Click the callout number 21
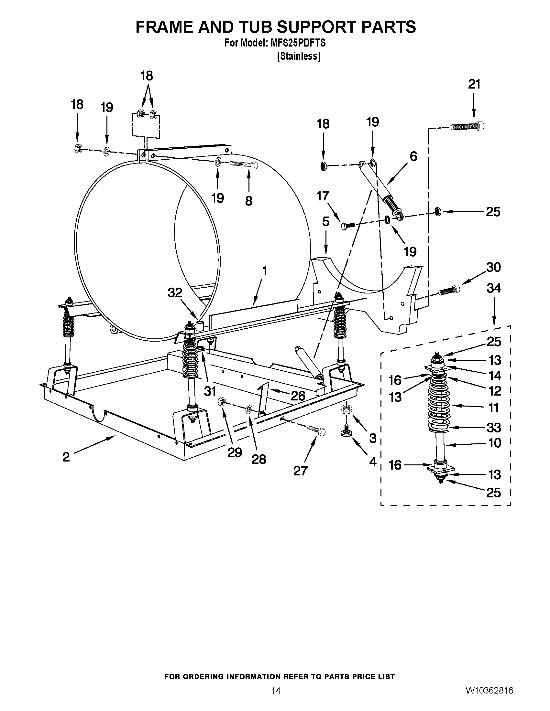[474, 84]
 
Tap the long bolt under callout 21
[467, 126]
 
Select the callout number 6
[413, 157]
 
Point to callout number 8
[248, 201]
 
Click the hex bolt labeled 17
[347, 225]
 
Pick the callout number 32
[175, 293]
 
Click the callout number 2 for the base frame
[66, 457]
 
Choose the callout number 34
[494, 288]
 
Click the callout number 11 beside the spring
[494, 408]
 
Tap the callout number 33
[494, 428]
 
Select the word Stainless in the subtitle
[299, 56]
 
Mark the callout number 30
[493, 267]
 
